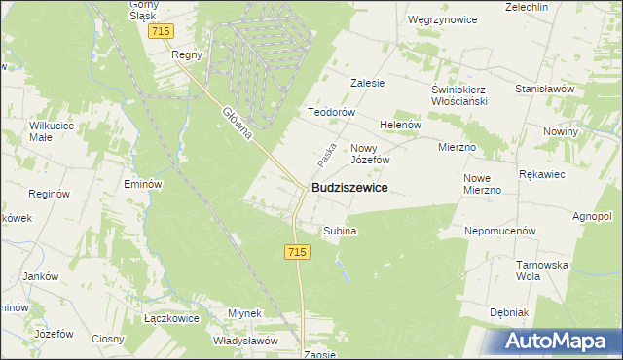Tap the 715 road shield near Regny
163,32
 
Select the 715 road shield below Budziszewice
299,252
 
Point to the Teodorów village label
328,112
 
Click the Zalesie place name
368,83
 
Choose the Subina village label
340,231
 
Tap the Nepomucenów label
501,232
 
